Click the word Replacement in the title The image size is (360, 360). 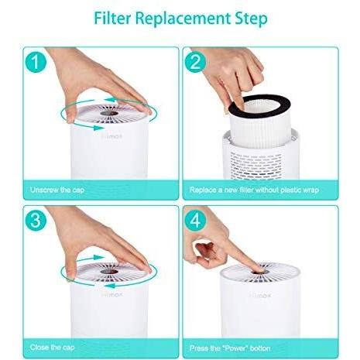(x=183, y=18)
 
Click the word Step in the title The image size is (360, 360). (x=244, y=18)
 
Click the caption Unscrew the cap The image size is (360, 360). (x=58, y=189)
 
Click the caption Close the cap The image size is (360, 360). (x=53, y=346)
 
